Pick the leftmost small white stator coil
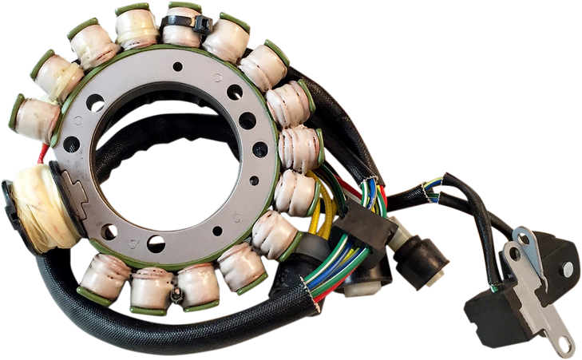click(x=34, y=118)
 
